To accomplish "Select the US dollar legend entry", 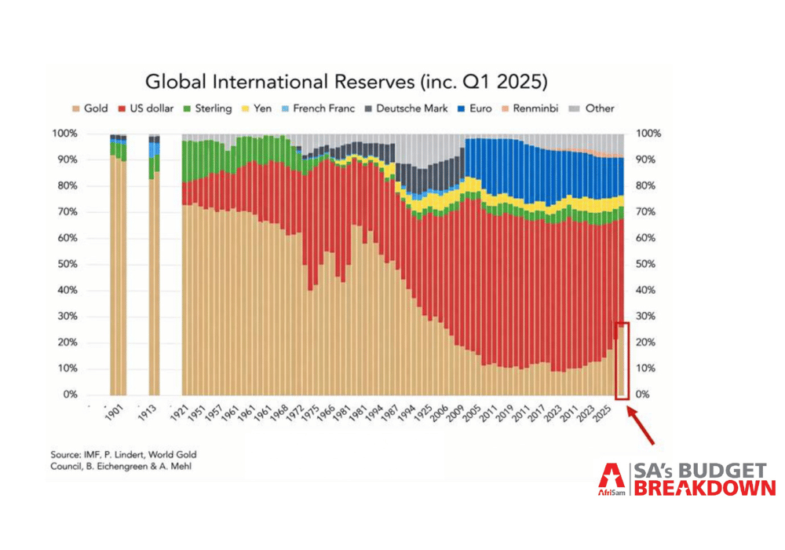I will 144,108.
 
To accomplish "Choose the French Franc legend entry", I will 318,108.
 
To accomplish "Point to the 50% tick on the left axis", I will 66,264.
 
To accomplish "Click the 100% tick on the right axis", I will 648,134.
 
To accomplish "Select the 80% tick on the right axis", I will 648,186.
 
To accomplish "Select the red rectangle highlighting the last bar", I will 623,361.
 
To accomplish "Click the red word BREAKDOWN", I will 704,488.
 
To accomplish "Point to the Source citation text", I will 125,460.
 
